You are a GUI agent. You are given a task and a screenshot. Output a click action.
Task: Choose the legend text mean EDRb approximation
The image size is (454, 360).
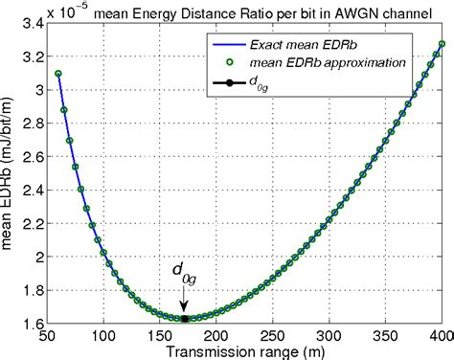coord(331,62)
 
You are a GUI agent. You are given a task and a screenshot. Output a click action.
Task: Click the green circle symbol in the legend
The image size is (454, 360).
coord(225,62)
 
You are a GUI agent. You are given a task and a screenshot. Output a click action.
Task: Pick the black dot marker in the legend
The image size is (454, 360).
coord(225,83)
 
